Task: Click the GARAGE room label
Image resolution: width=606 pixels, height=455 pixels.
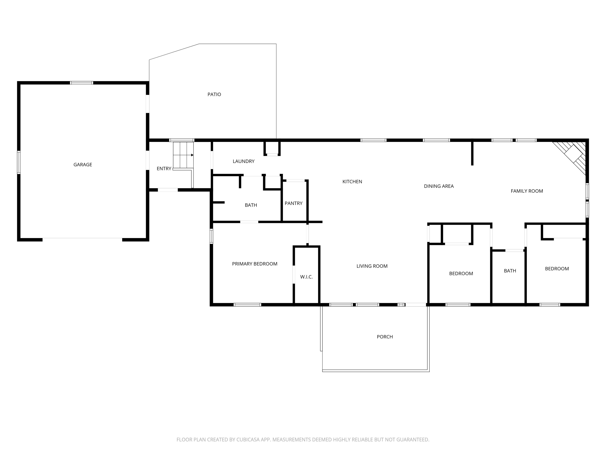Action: [83, 165]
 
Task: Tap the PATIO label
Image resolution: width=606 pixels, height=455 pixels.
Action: [214, 94]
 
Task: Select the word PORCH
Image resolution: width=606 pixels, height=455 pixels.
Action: [385, 337]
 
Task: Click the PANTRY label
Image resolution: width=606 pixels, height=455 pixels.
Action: [293, 203]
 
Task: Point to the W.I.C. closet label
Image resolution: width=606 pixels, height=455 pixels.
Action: [306, 277]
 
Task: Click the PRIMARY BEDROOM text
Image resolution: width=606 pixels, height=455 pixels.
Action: [254, 264]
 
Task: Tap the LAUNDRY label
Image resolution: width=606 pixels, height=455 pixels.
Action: [244, 161]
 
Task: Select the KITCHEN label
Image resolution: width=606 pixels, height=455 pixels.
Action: [352, 181]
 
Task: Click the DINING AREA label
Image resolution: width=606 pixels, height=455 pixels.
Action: [439, 186]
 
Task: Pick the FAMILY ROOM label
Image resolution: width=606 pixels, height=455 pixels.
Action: [527, 191]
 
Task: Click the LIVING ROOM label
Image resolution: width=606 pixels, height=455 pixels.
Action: [372, 266]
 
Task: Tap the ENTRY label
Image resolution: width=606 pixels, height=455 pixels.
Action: [164, 169]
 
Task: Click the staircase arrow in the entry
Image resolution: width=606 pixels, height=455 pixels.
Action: [192, 155]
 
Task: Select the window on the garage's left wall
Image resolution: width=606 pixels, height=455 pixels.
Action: [19, 162]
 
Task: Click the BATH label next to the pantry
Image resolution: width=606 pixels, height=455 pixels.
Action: [251, 205]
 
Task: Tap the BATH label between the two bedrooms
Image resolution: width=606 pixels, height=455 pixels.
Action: [510, 271]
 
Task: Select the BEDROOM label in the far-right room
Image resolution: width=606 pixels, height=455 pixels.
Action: [557, 269]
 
